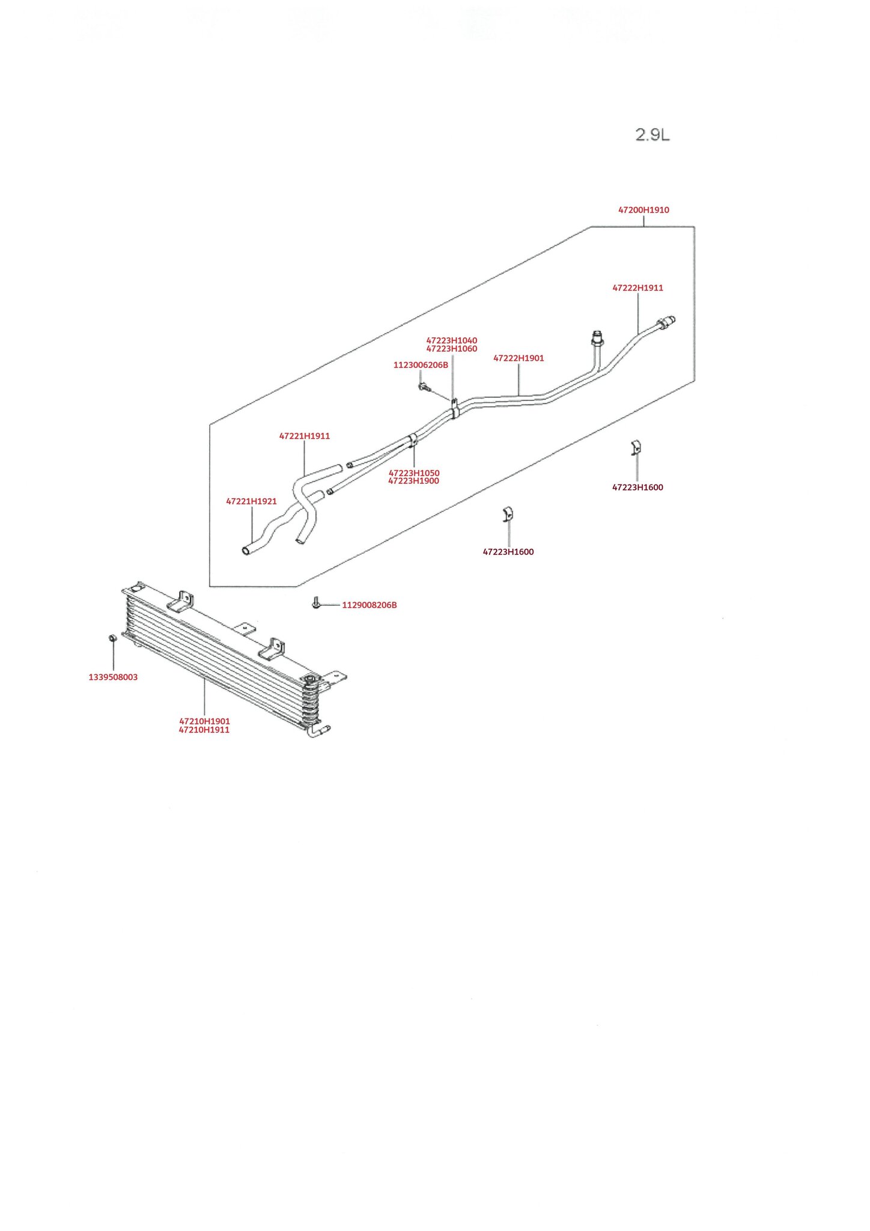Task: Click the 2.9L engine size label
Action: pyautogui.click(x=652, y=135)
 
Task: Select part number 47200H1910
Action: pyautogui.click(x=643, y=210)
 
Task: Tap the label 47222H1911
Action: pyautogui.click(x=637, y=288)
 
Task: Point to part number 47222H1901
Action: pyautogui.click(x=519, y=358)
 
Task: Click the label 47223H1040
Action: pyautogui.click(x=452, y=341)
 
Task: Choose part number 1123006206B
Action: pyautogui.click(x=421, y=365)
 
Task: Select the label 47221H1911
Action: pyautogui.click(x=305, y=436)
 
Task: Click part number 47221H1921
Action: pyautogui.click(x=251, y=501)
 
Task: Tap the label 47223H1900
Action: pyautogui.click(x=414, y=481)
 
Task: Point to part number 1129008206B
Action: pyautogui.click(x=370, y=605)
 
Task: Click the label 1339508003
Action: pyautogui.click(x=113, y=677)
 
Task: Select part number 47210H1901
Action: pyautogui.click(x=204, y=721)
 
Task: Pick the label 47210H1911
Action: pyautogui.click(x=204, y=730)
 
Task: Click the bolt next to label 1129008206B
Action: pyautogui.click(x=316, y=603)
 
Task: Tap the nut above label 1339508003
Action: pyautogui.click(x=112, y=638)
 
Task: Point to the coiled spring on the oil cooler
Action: pyautogui.click(x=310, y=701)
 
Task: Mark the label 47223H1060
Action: pyautogui.click(x=452, y=349)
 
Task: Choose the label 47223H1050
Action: pyautogui.click(x=414, y=473)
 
